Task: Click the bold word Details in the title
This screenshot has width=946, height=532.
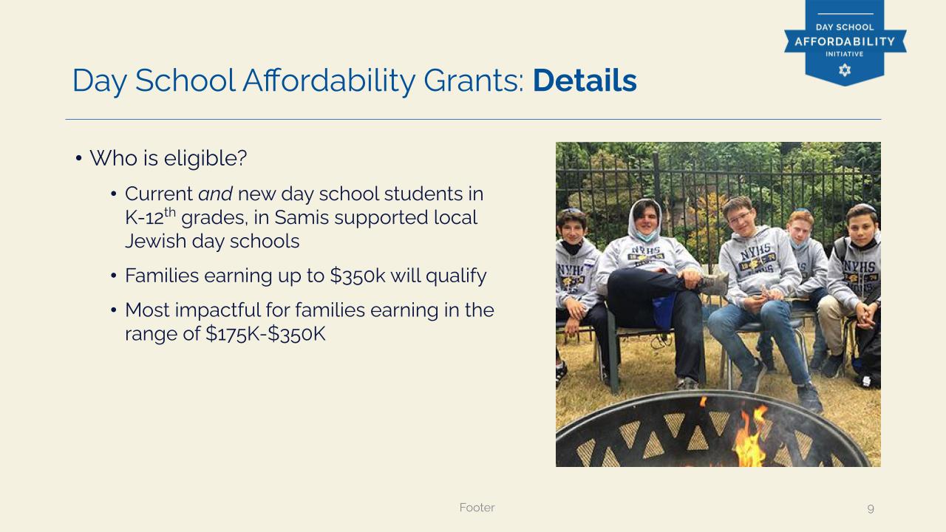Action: (585, 81)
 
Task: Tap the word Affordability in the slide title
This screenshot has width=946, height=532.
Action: (329, 81)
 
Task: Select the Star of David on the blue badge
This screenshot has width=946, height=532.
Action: (845, 69)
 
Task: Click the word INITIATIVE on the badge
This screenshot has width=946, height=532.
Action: (845, 54)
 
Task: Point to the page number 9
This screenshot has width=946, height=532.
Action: (871, 508)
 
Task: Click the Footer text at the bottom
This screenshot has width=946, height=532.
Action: (477, 507)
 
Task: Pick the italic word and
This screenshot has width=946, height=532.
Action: (215, 194)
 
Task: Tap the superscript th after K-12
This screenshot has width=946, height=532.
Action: (170, 211)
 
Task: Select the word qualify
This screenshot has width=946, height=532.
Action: (456, 276)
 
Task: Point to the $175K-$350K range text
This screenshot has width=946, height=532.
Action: (265, 333)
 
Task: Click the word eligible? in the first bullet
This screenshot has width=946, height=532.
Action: (205, 158)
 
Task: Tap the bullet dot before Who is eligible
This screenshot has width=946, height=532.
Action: (78, 159)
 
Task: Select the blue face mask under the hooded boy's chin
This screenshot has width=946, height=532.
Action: (647, 235)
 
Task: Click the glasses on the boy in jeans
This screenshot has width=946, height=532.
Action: (740, 217)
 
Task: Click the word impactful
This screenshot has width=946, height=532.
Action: (218, 310)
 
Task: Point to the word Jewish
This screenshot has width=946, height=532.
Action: (155, 241)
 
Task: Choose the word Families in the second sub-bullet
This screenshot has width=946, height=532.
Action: (162, 276)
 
